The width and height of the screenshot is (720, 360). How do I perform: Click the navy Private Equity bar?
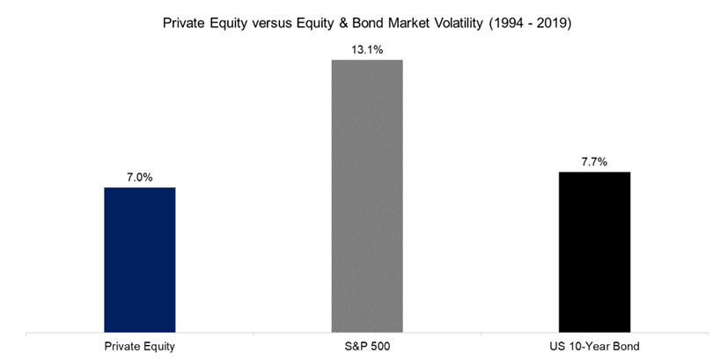pos(140,260)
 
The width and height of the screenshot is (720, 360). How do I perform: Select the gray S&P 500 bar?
pos(367,195)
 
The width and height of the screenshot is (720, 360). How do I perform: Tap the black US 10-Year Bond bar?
pos(594,252)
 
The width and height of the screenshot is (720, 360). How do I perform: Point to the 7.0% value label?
pos(140,177)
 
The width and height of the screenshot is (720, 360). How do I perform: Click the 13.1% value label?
pos(367,49)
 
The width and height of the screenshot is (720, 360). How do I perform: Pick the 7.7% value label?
pos(595,162)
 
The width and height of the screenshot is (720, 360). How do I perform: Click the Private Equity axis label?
pos(140,346)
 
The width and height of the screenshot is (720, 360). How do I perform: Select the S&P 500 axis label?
pos(367,346)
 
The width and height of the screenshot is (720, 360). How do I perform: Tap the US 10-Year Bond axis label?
pos(595,346)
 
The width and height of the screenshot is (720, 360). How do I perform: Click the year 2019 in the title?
pos(553,24)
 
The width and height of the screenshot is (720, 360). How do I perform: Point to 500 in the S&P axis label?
pos(380,346)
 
